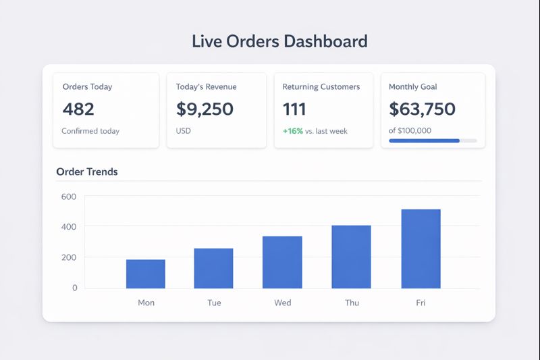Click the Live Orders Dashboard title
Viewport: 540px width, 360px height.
click(279, 41)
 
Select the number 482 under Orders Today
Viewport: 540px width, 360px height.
click(78, 109)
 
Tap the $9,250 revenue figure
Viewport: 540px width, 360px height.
click(205, 109)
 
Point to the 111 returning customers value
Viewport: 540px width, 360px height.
click(294, 109)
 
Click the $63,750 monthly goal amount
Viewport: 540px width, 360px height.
click(422, 109)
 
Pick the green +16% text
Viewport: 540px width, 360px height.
click(292, 131)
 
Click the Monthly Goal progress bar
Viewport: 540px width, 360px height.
click(433, 140)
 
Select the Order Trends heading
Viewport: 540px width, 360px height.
click(87, 172)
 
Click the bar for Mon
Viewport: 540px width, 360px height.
click(146, 274)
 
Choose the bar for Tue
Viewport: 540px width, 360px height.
click(213, 268)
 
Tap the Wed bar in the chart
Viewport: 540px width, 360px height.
click(282, 262)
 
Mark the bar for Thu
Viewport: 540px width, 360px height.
click(352, 257)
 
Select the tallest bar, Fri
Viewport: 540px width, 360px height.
click(421, 249)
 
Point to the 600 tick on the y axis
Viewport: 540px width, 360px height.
click(70, 197)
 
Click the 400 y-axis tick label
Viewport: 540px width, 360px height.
click(70, 227)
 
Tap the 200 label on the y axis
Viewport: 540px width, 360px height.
click(70, 257)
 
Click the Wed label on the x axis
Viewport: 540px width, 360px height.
click(283, 303)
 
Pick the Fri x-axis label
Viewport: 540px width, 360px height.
click(421, 303)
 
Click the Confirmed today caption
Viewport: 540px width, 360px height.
click(90, 131)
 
